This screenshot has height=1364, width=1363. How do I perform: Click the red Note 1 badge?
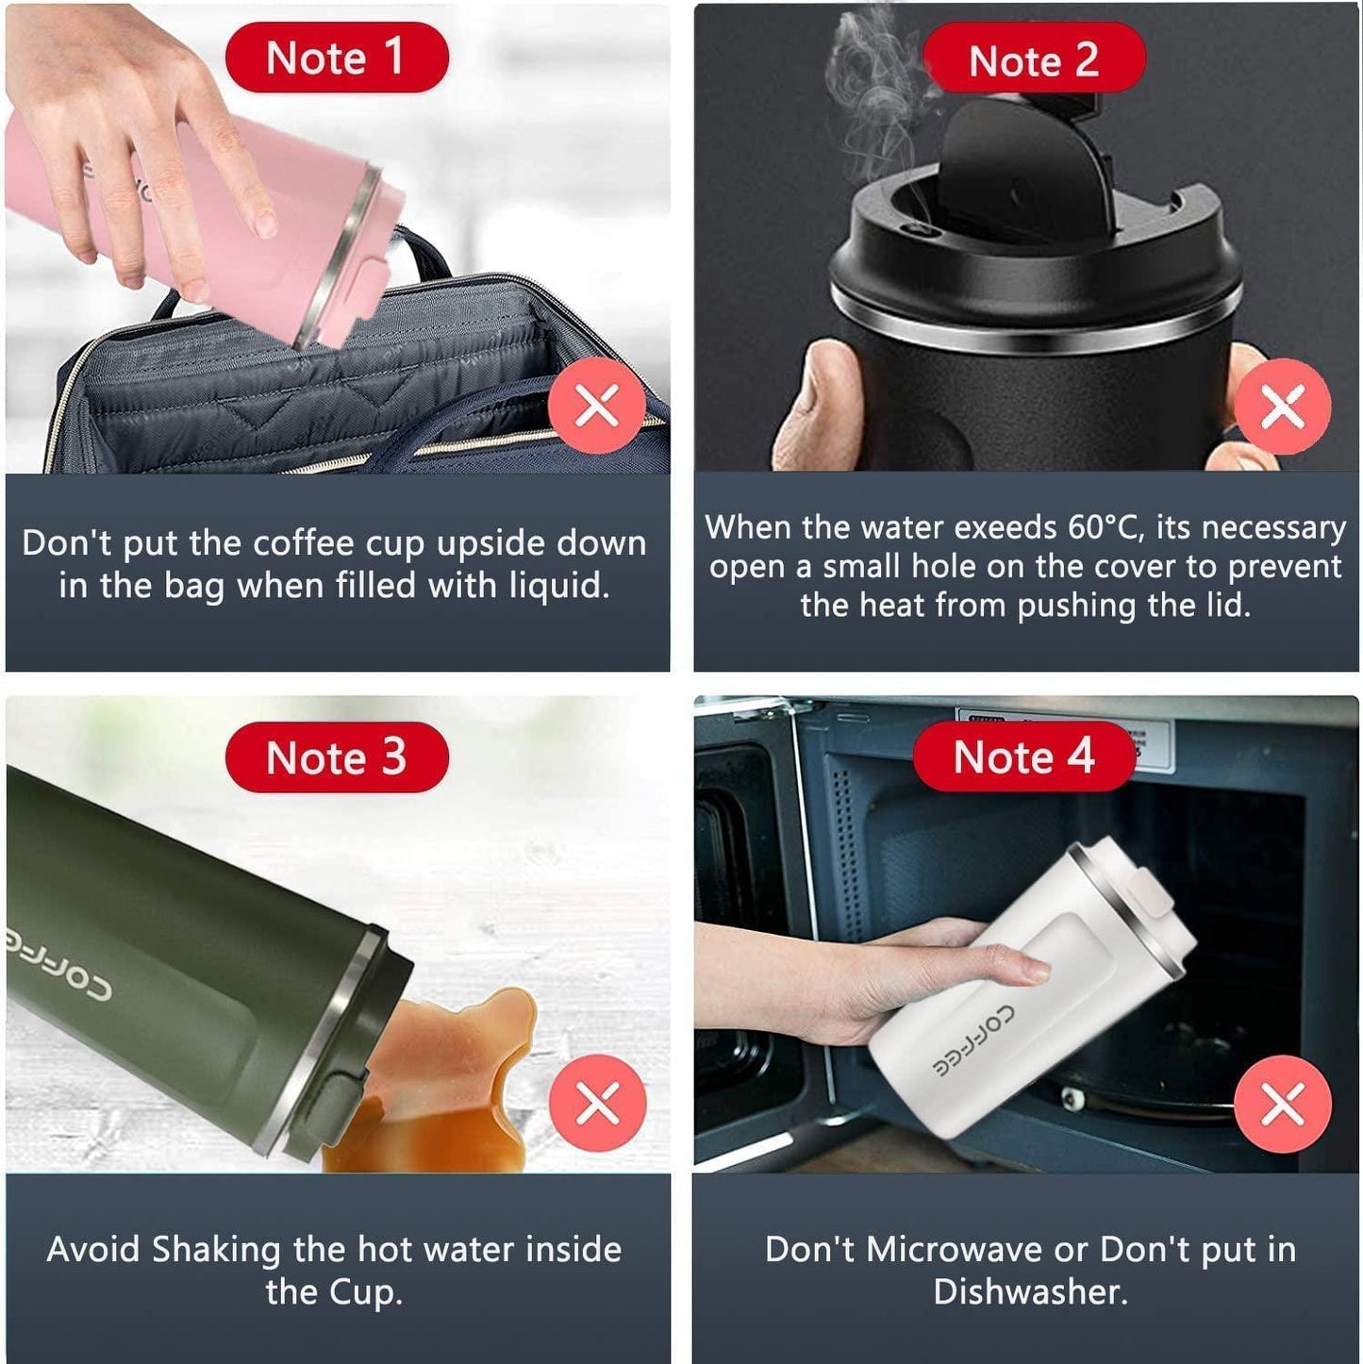click(x=336, y=58)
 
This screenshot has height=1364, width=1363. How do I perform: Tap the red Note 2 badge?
click(x=1033, y=60)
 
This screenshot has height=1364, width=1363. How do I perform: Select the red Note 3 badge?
click(x=336, y=757)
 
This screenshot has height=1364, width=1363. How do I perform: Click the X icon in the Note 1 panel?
click(x=597, y=406)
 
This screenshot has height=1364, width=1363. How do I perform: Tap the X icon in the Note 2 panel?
click(x=1283, y=407)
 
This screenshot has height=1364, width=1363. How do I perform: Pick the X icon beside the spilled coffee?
click(x=597, y=1103)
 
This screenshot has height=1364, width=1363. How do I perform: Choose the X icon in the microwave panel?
click(x=1283, y=1104)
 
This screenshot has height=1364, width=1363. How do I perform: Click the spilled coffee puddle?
click(x=443, y=1085)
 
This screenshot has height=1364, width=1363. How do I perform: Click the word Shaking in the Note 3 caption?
click(x=216, y=1250)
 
